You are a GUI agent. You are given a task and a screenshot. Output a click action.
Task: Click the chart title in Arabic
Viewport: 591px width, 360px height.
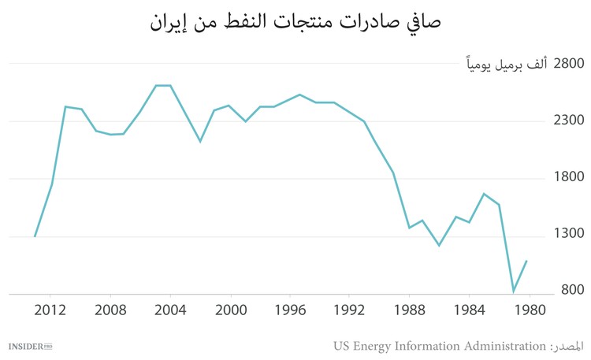[295, 21]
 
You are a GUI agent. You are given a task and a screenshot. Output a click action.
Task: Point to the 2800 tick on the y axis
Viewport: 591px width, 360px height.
[563, 63]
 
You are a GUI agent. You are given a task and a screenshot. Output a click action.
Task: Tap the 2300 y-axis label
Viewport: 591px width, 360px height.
[563, 121]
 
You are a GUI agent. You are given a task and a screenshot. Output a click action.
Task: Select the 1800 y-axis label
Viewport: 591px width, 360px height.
[563, 177]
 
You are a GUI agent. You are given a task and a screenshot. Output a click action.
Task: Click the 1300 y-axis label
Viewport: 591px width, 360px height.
[563, 234]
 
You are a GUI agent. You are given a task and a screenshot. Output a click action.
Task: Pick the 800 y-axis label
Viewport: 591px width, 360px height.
[567, 291]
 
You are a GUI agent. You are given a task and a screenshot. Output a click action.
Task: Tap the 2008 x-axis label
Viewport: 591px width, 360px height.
[111, 309]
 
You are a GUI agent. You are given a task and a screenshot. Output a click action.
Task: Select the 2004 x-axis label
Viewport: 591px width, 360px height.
[171, 309]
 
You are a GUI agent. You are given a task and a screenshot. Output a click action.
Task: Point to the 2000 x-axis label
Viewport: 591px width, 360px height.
[231, 309]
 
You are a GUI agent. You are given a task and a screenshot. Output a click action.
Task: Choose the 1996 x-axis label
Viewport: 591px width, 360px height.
[291, 309]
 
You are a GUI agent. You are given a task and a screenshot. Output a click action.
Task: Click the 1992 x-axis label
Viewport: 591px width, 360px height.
[350, 309]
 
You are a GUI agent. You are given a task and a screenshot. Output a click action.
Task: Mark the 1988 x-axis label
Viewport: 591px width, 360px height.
[410, 309]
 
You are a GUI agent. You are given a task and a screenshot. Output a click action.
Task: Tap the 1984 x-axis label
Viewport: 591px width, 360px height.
[470, 309]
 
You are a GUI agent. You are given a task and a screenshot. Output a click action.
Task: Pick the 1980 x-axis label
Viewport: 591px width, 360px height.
[530, 309]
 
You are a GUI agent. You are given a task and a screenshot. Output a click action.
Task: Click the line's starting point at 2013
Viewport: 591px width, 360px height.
[35, 236]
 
